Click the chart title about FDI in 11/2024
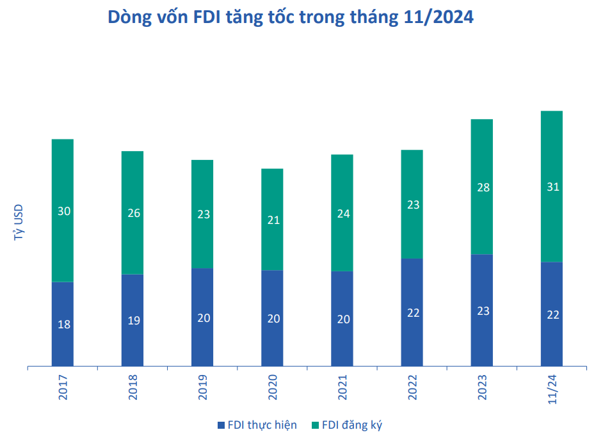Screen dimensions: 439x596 [291, 17]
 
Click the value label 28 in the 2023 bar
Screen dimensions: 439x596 [483, 188]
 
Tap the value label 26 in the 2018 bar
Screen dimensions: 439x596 [133, 213]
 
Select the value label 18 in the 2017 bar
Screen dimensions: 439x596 [63, 324]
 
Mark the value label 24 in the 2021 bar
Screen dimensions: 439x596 [343, 214]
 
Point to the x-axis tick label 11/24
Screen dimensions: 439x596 [552, 389]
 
